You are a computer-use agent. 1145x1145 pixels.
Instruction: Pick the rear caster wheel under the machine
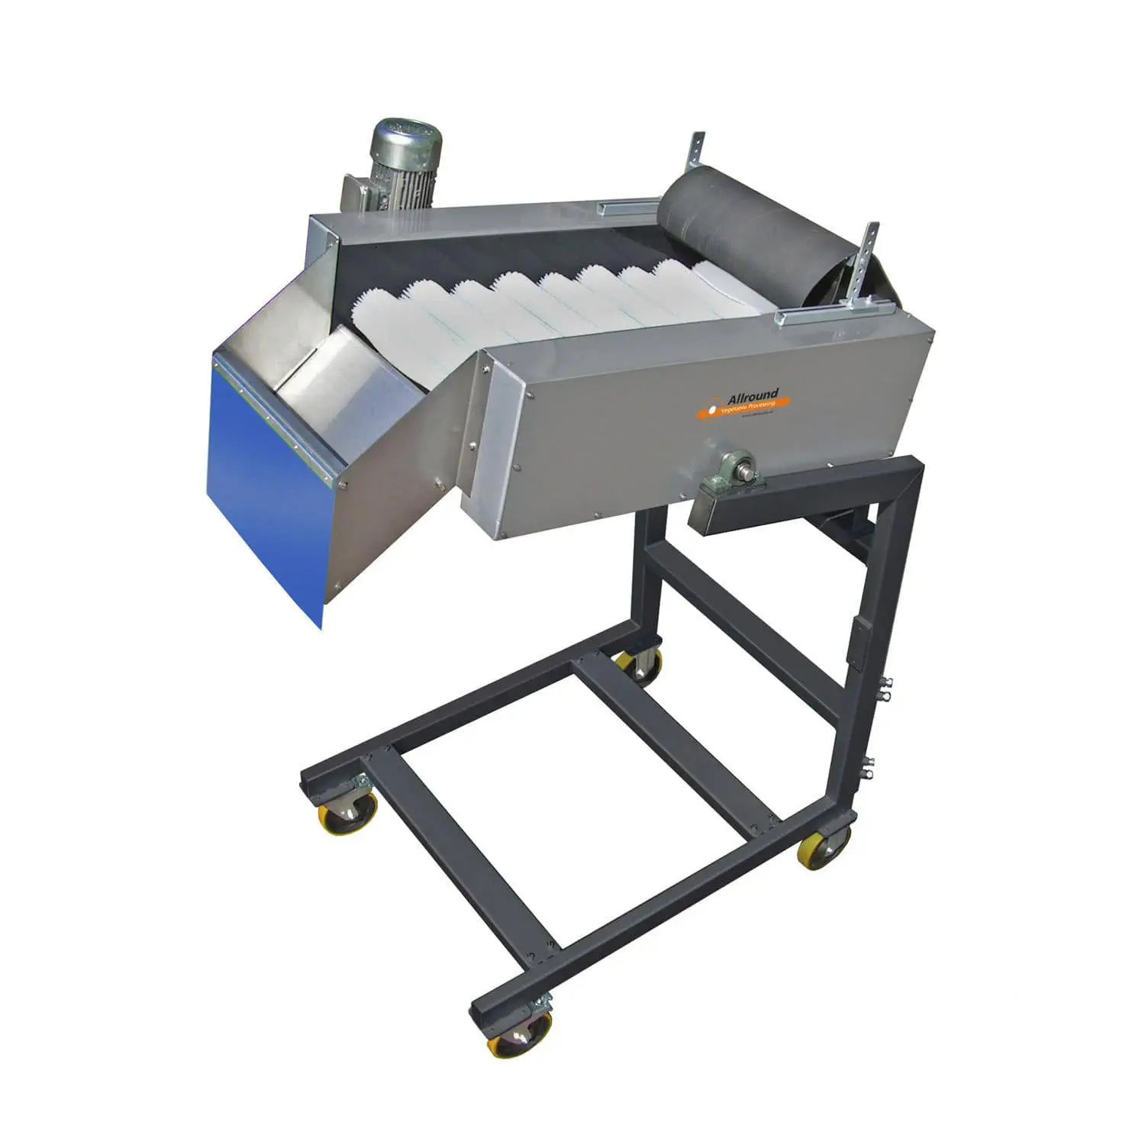click(640, 665)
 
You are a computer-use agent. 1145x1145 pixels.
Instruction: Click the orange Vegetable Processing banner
click(744, 408)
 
